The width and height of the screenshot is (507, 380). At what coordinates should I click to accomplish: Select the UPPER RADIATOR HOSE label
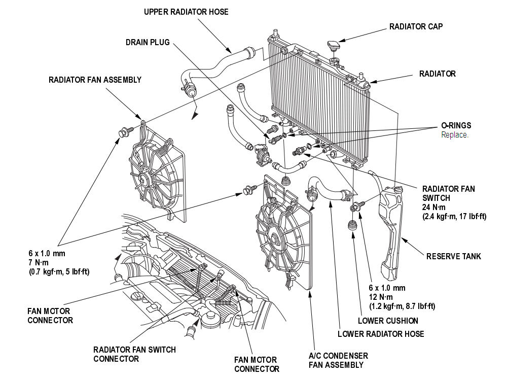(x=186, y=12)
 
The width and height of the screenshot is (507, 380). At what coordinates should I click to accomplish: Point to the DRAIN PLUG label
(x=148, y=43)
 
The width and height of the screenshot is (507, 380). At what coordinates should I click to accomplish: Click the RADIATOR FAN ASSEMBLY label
(x=95, y=80)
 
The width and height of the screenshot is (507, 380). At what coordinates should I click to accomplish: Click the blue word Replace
(x=455, y=135)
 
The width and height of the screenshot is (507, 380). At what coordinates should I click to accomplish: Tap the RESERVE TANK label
(x=453, y=256)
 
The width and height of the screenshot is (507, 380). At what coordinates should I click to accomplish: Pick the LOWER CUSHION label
(x=388, y=321)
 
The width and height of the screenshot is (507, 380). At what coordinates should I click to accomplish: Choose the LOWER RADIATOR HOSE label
(x=381, y=334)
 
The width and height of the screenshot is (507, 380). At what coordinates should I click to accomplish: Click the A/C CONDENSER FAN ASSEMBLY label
(x=338, y=360)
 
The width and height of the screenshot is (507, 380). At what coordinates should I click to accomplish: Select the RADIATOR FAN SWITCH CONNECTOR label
(x=134, y=354)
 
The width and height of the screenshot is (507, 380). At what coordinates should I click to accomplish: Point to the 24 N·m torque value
(x=434, y=207)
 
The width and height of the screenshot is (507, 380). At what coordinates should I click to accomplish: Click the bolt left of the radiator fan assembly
(x=124, y=133)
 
